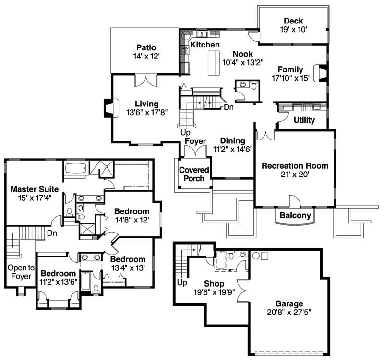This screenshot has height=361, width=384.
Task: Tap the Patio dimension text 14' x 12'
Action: pyautogui.click(x=145, y=56)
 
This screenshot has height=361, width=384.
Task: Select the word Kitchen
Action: pyautogui.click(x=205, y=45)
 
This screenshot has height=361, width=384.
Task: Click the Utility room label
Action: pyautogui.click(x=304, y=120)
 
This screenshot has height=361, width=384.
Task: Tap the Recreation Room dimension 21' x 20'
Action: pyautogui.click(x=295, y=175)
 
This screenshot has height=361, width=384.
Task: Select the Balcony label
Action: pyautogui.click(x=295, y=215)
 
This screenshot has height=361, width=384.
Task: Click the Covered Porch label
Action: pyautogui.click(x=194, y=174)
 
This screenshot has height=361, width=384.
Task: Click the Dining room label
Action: pyautogui.click(x=233, y=141)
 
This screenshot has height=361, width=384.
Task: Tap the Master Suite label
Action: pyautogui.click(x=32, y=188)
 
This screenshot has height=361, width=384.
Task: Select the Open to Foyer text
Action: pyautogui.click(x=19, y=272)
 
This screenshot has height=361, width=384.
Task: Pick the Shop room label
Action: pyautogui.click(x=214, y=284)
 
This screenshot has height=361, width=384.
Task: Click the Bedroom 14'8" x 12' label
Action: pyautogui.click(x=132, y=211)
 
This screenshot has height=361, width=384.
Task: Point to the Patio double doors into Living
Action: pyautogui.click(x=146, y=81)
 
